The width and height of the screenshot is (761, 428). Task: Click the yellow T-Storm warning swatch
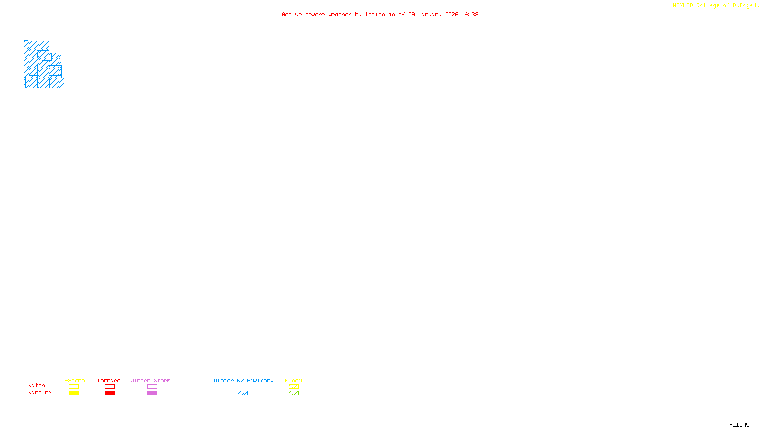click(x=74, y=393)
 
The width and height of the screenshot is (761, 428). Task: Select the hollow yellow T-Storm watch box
click(x=74, y=387)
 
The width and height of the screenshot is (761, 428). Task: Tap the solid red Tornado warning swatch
click(x=109, y=393)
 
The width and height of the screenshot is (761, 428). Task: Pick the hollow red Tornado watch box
click(x=109, y=387)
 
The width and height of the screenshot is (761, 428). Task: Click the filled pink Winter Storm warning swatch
click(x=152, y=393)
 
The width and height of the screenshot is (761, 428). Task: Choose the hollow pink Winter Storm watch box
click(x=152, y=387)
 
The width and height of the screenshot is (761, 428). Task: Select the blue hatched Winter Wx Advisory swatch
click(x=243, y=393)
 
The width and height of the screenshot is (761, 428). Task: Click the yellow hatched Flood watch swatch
click(x=293, y=387)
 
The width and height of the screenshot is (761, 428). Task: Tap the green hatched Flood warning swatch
click(x=293, y=393)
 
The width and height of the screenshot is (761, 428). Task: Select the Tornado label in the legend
click(x=109, y=380)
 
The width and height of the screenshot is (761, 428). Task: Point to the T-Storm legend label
click(x=73, y=380)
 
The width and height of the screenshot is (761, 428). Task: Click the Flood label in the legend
click(x=293, y=380)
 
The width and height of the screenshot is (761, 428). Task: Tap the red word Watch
click(x=37, y=385)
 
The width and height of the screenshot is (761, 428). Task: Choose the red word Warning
click(x=39, y=393)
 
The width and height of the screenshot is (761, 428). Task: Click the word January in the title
click(x=430, y=14)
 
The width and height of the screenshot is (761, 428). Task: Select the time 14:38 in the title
click(x=470, y=14)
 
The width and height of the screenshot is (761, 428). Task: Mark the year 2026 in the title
click(x=451, y=14)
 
